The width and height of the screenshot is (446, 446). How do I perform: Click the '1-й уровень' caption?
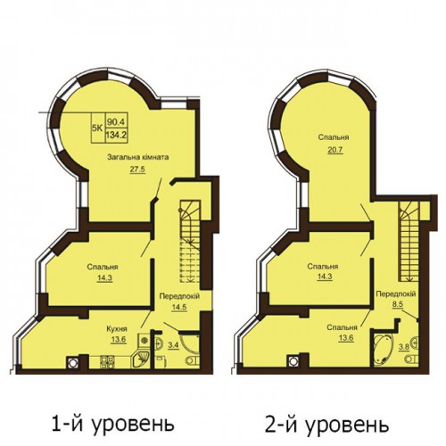(112, 424)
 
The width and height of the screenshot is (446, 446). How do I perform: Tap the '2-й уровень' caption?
(326, 424)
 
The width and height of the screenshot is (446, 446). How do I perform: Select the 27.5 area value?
(137, 169)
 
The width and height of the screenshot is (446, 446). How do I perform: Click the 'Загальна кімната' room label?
(138, 157)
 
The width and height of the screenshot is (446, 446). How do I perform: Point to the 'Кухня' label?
(117, 329)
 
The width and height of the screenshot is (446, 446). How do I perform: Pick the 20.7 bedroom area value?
(335, 150)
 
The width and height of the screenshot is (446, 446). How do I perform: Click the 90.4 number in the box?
(117, 122)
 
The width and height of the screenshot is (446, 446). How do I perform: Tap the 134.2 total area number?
(116, 136)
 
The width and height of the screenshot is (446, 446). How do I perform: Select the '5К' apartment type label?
(97, 128)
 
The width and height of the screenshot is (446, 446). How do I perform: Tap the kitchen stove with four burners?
(107, 362)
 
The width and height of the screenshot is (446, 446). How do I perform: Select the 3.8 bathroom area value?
(402, 347)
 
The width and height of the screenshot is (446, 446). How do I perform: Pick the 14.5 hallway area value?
(179, 307)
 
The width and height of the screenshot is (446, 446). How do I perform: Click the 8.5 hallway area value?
(397, 305)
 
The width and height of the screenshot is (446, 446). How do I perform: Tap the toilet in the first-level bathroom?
(193, 360)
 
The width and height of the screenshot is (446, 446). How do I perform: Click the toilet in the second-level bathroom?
(411, 359)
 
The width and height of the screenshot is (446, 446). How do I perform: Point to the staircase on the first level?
(190, 242)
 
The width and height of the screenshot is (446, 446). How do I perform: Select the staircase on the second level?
(409, 242)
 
